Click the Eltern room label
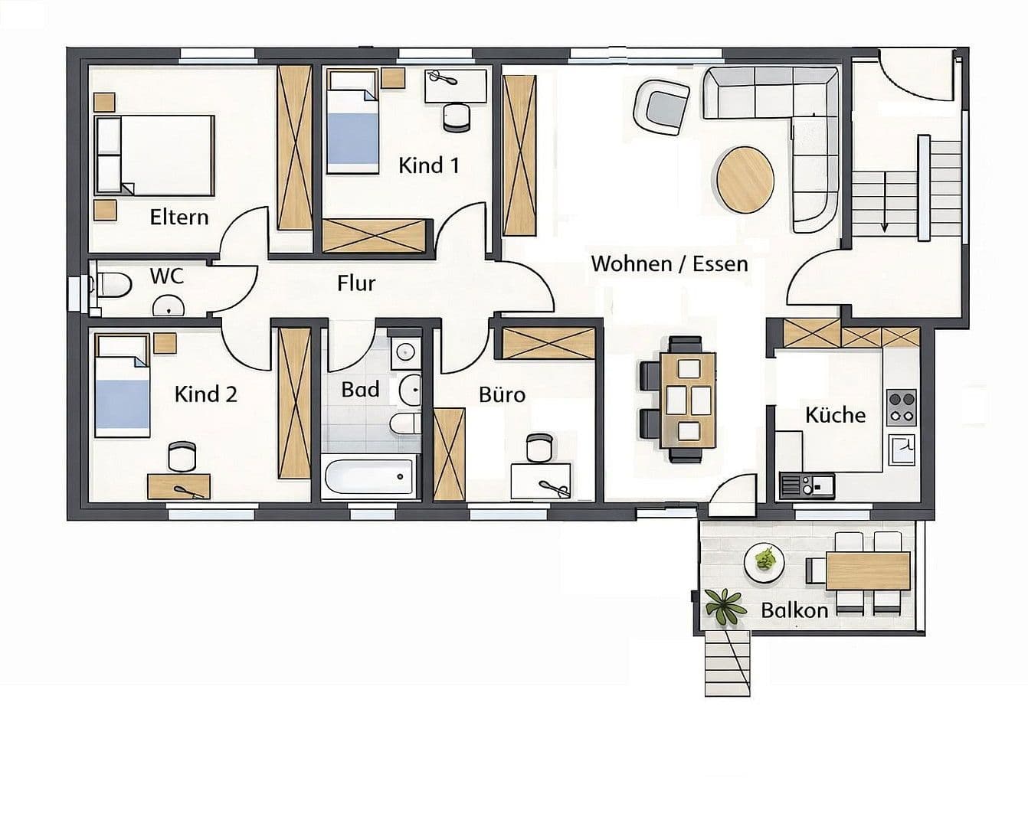[x=179, y=217]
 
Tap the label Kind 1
[x=428, y=165]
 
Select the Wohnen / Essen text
[x=670, y=264]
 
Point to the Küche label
[x=835, y=415]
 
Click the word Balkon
[x=794, y=610]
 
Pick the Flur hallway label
[x=356, y=283]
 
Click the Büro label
[x=502, y=395]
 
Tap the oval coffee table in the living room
[x=745, y=180]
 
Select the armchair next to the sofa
[x=663, y=107]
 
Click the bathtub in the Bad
[x=369, y=476]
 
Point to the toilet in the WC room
[x=112, y=285]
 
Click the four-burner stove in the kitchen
[x=901, y=408]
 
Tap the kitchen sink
[x=806, y=485]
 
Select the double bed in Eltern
[x=154, y=155]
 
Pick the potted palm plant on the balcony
[x=724, y=605]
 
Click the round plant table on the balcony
[x=764, y=563]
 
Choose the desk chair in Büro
[x=539, y=448]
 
